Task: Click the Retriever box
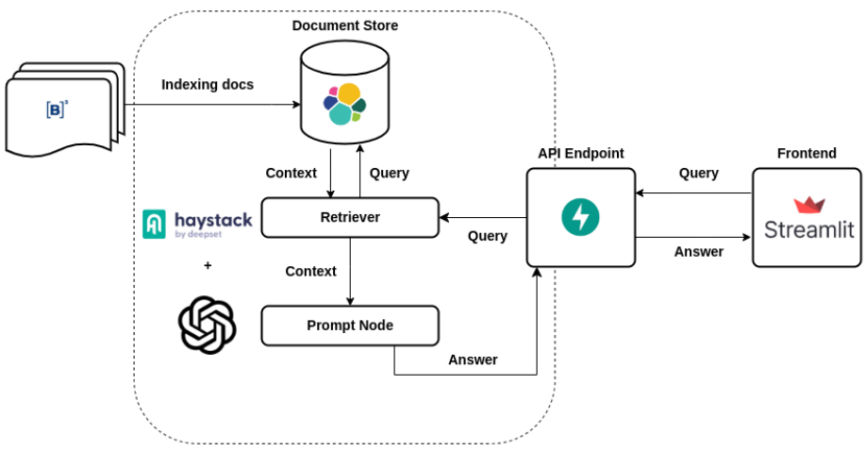[x=349, y=217]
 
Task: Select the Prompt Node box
[x=349, y=326]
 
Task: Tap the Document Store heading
[x=344, y=25]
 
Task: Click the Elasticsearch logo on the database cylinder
[x=343, y=104]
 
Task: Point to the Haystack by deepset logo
[x=197, y=224]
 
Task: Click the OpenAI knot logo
[x=207, y=324]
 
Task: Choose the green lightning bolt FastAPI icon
[x=580, y=217]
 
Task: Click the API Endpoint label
[x=580, y=153]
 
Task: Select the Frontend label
[x=807, y=153]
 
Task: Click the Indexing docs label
[x=208, y=85]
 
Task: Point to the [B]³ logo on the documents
[x=58, y=109]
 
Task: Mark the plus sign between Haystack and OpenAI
[x=208, y=265]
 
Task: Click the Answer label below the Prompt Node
[x=473, y=360]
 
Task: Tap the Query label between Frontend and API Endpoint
[x=698, y=174]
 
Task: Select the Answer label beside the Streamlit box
[x=699, y=252]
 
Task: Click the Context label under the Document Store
[x=291, y=174]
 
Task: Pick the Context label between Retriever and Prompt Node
[x=310, y=272]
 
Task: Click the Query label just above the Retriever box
[x=389, y=174]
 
